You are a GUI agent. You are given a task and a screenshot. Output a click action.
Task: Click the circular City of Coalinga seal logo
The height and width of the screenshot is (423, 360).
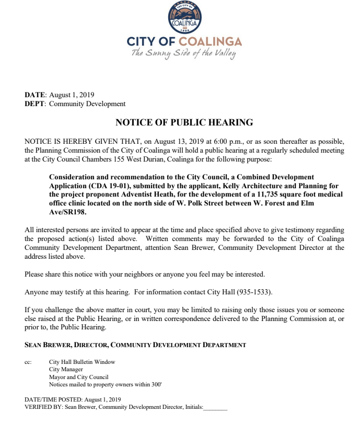click(183, 17)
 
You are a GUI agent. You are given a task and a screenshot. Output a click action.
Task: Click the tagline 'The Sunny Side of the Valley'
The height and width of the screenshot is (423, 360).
click(183, 54)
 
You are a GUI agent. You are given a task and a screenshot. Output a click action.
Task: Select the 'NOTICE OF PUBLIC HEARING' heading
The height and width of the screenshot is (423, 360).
click(184, 123)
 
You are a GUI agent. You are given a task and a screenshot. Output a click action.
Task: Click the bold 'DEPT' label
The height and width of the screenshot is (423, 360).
click(35, 104)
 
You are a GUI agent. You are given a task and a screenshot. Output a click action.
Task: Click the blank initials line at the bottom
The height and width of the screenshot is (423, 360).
click(215, 407)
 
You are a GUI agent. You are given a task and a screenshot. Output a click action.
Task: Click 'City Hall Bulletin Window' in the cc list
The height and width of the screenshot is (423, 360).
click(82, 362)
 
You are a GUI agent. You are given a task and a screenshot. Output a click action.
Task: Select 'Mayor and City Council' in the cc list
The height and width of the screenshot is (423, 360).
click(78, 376)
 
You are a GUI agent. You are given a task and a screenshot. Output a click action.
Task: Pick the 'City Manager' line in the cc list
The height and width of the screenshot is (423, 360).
click(66, 369)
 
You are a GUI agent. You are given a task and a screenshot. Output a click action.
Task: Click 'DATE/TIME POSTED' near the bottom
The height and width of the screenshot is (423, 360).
click(50, 399)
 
